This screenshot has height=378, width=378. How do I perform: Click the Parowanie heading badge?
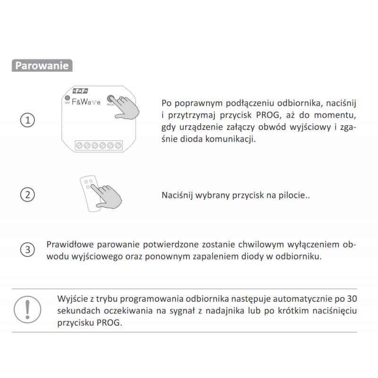[x=42, y=65]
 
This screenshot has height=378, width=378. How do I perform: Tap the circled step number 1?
[x=27, y=120]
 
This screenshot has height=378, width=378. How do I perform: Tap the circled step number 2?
[x=27, y=195]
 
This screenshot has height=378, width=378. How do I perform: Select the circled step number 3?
[x=27, y=249]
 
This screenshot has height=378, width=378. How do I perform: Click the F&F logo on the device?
[x=80, y=91]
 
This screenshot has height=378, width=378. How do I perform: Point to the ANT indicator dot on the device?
[x=67, y=98]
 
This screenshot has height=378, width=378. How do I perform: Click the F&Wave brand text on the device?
[x=86, y=102]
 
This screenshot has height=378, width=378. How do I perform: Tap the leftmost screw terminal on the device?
[x=79, y=146]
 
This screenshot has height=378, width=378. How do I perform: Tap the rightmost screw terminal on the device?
[x=118, y=146]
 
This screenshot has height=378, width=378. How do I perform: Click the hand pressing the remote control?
[x=107, y=196]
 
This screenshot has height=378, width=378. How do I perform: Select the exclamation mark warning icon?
[x=27, y=309]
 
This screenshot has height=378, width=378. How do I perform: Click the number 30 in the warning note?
[x=352, y=299]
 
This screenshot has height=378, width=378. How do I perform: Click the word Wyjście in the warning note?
[x=72, y=299]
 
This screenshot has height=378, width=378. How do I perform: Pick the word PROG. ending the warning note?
[x=110, y=323]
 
